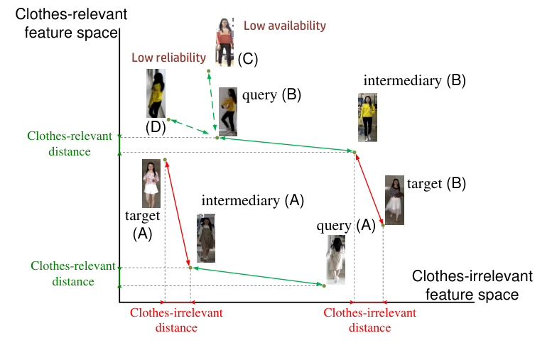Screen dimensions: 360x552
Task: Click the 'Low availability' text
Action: [x=284, y=26]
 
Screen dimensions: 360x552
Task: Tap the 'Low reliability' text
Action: [x=168, y=58]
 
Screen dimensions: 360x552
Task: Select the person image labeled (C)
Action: [x=225, y=43]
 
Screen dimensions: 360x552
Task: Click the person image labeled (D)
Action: [x=156, y=93]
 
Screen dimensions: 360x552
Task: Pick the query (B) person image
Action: [x=228, y=111]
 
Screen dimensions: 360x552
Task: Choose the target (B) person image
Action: [x=394, y=200]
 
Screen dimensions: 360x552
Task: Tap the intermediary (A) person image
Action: [x=206, y=239]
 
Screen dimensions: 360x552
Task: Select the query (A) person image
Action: [x=336, y=260]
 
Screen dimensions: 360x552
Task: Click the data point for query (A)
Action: [x=324, y=285]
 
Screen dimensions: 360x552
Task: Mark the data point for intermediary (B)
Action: [x=355, y=152]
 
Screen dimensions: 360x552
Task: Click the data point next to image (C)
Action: [x=208, y=71]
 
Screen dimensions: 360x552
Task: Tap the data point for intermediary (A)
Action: [x=190, y=268]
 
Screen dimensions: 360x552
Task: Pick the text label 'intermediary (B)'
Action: [x=414, y=80]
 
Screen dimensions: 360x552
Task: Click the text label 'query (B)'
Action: [x=272, y=94]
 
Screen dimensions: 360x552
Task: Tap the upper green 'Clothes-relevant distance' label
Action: [x=59, y=143]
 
